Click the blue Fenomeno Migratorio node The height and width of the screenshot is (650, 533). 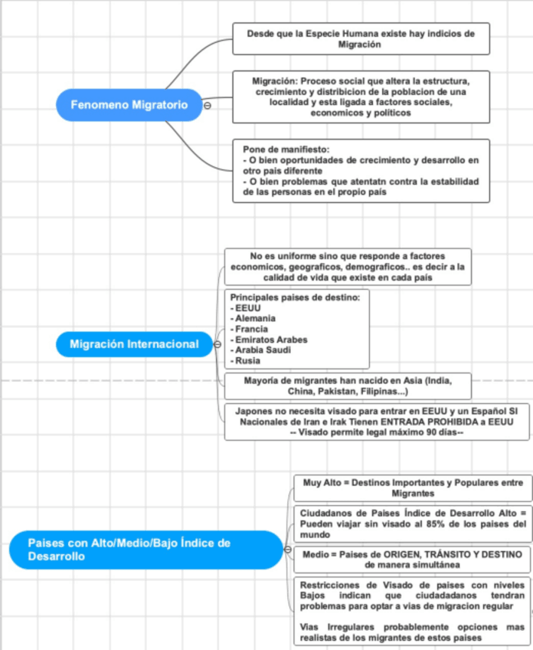[x=129, y=105]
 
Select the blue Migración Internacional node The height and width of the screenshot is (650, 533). [x=133, y=344]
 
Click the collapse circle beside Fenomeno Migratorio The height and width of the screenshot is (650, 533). [x=207, y=106]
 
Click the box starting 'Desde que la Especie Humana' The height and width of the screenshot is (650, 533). [x=361, y=39]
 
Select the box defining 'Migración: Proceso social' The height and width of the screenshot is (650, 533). [x=361, y=97]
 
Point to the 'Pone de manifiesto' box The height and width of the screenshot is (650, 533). [x=361, y=171]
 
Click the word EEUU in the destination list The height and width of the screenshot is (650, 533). [x=243, y=307]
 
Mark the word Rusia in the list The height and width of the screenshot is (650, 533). [x=247, y=361]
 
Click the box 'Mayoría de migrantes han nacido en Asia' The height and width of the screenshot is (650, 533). [x=347, y=386]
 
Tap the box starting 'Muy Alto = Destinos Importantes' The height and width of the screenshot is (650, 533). [x=412, y=488]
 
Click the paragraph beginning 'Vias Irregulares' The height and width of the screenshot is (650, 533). [x=412, y=632]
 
